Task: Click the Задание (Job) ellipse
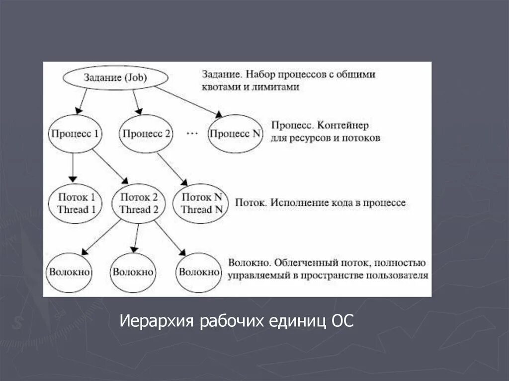pyautogui.click(x=115, y=77)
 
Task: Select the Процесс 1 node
pyautogui.click(x=73, y=134)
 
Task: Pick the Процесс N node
pyautogui.click(x=235, y=134)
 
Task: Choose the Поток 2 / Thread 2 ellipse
pyautogui.click(x=139, y=203)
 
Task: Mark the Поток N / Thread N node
pyautogui.click(x=201, y=203)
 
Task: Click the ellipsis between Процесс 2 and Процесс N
pyautogui.click(x=191, y=133)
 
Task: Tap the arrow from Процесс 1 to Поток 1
pyautogui.click(x=73, y=167)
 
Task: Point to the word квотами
pyautogui.click(x=220, y=87)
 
